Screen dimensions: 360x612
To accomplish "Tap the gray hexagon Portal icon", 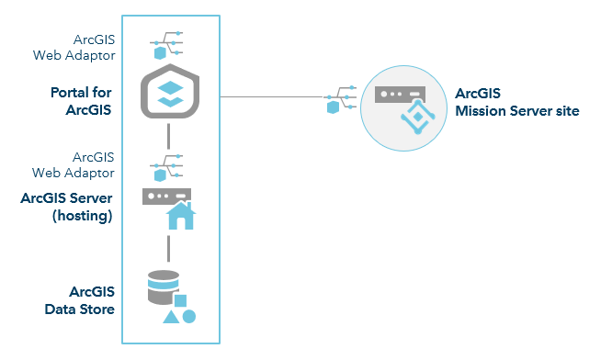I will tap(170, 95).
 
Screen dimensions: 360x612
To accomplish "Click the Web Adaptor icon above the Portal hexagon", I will tap(167, 44).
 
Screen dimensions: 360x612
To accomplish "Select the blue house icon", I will tap(180, 216).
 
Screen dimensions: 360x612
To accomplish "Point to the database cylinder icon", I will tap(163, 287).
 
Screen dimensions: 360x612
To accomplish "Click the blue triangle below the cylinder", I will tap(170, 317).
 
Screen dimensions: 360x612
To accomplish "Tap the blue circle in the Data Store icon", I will tap(189, 317).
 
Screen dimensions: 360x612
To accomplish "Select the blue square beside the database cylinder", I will tap(181, 300).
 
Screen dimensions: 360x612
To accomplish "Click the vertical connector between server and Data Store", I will tap(169, 247).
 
